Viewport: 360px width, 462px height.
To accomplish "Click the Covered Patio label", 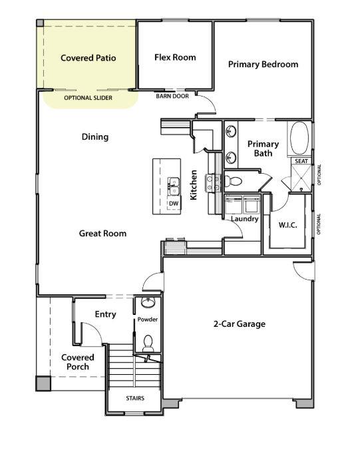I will (x=88, y=58).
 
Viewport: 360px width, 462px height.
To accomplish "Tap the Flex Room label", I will (x=175, y=57).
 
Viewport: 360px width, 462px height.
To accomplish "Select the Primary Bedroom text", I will (x=263, y=65).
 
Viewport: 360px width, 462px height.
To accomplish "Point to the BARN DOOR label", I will (x=172, y=96).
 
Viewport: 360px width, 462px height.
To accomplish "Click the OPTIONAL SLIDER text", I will (x=88, y=98).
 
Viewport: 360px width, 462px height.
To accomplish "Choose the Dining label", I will (x=94, y=137).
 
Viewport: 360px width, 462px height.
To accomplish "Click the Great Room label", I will (x=102, y=233).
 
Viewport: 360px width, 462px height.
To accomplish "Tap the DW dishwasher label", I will (x=174, y=203).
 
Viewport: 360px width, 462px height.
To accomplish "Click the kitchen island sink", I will (x=174, y=184).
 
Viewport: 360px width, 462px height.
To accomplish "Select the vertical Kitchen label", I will (x=194, y=186).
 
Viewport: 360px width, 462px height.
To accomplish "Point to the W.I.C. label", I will (x=287, y=224).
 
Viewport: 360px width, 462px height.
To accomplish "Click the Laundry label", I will (x=244, y=218).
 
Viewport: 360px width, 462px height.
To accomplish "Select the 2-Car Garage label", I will (x=239, y=324).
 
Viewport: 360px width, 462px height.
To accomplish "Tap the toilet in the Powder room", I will (x=148, y=343).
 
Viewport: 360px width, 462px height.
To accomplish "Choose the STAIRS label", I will (x=134, y=399).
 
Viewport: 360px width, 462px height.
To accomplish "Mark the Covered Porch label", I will (x=78, y=361).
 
